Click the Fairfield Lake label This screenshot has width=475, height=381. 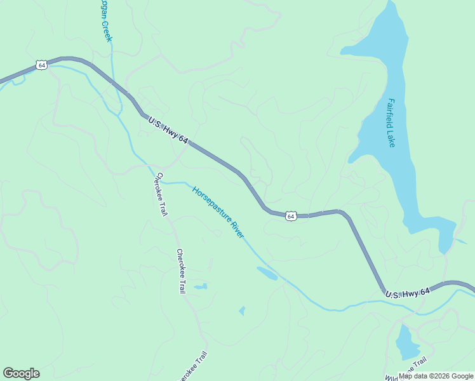391,123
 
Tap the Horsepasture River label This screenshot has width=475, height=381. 218,211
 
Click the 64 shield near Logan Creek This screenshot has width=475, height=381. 41,65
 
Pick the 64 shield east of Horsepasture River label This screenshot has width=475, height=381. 290,216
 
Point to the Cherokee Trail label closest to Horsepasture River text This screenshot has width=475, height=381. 160,194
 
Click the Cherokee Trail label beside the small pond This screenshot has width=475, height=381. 181,271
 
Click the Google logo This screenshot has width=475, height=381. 21,373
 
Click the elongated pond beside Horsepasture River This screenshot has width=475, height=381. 267,273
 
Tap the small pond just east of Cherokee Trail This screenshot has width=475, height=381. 200,287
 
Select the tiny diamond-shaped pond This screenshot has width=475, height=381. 242,311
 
